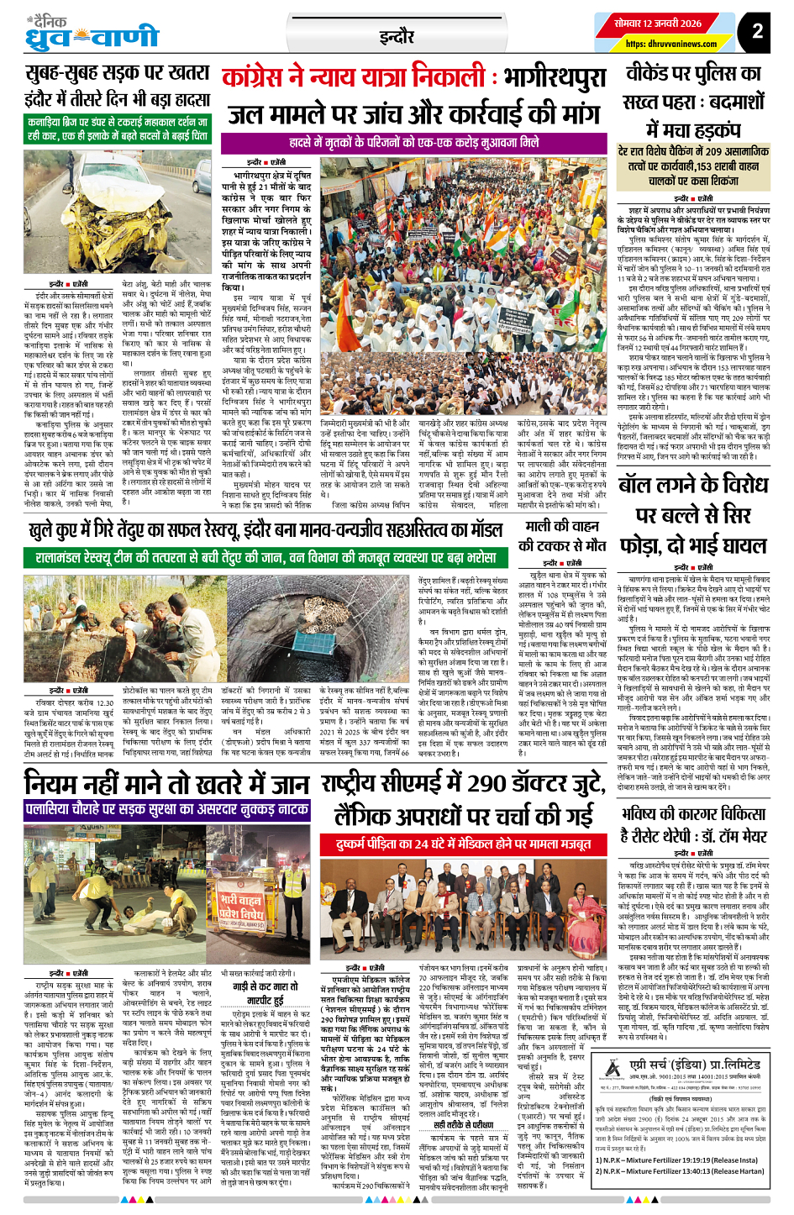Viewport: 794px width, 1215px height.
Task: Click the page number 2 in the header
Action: click(757, 31)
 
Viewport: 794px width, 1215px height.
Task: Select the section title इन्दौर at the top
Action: click(396, 37)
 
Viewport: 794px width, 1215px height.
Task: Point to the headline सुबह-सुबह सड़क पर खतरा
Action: click(117, 73)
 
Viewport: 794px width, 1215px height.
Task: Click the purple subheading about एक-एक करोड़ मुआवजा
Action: click(413, 143)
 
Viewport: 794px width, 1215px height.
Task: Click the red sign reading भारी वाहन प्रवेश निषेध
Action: click(242, 908)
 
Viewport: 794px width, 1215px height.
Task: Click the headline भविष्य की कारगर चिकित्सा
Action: click(694, 824)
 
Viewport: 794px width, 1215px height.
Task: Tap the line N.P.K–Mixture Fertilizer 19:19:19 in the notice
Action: click(689, 1160)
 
